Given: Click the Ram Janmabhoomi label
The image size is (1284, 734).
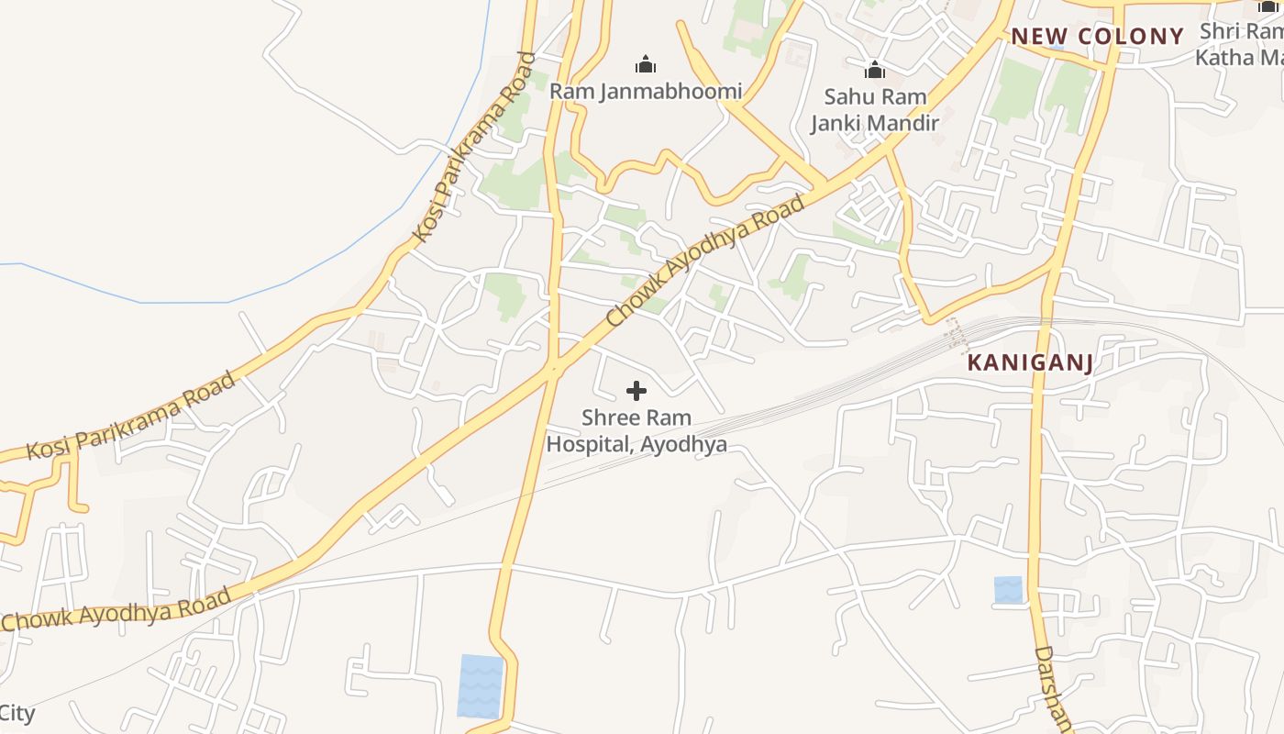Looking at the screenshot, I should coord(645,92).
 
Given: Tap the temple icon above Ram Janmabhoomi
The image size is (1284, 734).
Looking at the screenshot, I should coord(646,64).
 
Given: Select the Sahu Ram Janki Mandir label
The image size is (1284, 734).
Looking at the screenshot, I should coord(874,109).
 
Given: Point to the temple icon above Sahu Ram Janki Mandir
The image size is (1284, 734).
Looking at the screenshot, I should coord(875,70).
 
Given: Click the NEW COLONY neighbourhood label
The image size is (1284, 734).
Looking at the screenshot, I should coord(1097,37).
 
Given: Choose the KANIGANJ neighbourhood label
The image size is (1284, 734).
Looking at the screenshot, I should coord(1030,363).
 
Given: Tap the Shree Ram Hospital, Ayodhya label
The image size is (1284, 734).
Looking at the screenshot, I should coord(636,431).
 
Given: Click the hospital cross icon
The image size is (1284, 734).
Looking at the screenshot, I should coord(636,392).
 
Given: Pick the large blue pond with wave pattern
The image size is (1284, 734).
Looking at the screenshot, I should coord(481,685).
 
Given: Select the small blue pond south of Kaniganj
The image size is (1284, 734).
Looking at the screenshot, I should coord(1008,590).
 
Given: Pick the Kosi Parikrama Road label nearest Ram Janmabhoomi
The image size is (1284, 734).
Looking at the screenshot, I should coord(474,147).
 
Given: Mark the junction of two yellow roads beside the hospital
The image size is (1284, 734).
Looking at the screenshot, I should coord(553,370).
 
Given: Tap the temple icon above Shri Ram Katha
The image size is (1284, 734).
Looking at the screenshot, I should coord(1268,6).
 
